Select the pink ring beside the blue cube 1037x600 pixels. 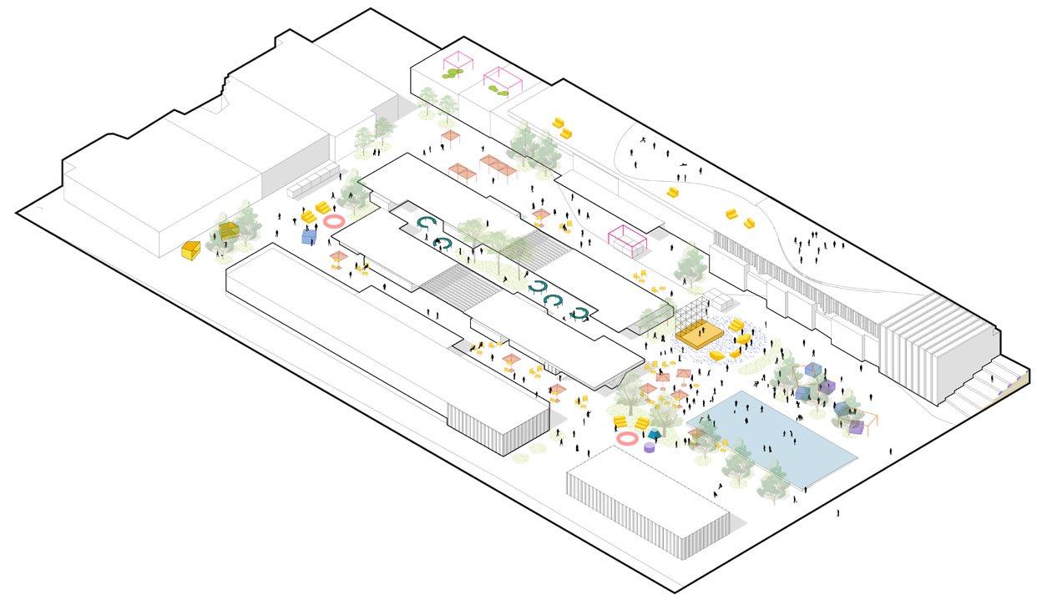pos(333,222)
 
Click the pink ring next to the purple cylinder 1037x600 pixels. pos(626,438)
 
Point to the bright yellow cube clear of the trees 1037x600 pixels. pos(190,250)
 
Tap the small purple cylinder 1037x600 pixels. pos(650,447)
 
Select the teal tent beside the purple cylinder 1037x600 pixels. pos(655,434)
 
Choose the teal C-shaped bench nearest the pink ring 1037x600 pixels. pos(428,222)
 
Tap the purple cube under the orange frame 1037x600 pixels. pos(856,426)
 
